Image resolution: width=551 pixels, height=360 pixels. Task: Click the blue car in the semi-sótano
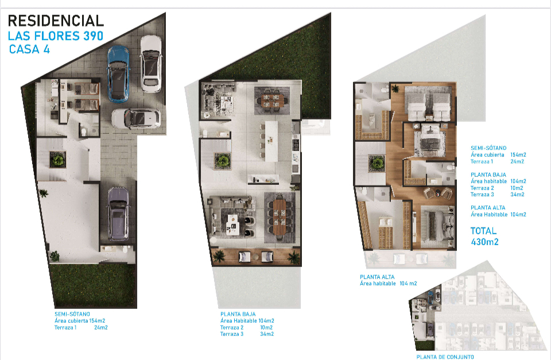click(118, 74)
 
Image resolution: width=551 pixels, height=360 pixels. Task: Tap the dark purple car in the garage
click(118, 214)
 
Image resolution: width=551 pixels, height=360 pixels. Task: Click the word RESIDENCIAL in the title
click(56, 21)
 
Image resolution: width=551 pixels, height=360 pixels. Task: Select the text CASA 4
click(29, 49)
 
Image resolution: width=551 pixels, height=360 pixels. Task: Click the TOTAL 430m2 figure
click(484, 236)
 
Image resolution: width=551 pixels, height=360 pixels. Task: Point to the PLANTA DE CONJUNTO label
click(445, 357)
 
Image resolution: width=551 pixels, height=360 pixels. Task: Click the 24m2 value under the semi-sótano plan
click(101, 327)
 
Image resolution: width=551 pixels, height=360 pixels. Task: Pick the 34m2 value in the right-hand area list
click(517, 195)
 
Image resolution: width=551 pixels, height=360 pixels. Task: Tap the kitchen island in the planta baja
click(271, 141)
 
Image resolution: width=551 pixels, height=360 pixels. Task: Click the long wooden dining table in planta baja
click(280, 218)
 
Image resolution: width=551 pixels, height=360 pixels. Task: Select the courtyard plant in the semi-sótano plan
click(57, 160)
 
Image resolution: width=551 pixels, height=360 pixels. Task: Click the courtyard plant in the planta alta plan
click(377, 164)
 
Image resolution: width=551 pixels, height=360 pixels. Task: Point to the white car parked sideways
click(137, 118)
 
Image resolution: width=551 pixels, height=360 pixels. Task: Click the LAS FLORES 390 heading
click(56, 36)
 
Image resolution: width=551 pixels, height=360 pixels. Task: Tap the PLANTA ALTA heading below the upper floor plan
click(377, 277)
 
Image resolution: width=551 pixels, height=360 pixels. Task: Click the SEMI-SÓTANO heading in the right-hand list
click(488, 148)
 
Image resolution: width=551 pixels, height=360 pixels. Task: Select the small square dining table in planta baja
click(272, 99)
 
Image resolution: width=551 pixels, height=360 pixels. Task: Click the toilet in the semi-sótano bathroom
click(84, 132)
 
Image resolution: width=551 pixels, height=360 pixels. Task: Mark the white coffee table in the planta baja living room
click(232, 224)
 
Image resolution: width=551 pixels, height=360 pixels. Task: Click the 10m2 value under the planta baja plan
click(266, 327)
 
